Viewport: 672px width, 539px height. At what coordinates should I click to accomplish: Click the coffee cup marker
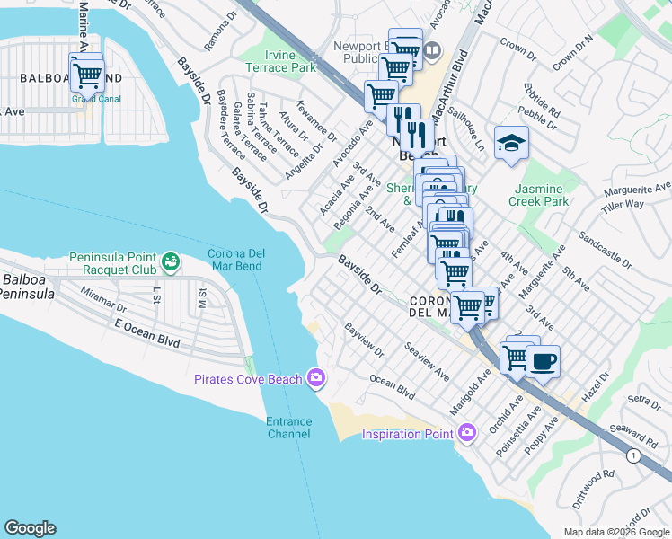[x=543, y=361]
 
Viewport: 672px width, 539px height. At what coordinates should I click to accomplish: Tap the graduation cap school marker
[x=511, y=144]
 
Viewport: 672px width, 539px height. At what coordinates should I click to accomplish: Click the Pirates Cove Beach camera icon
[x=314, y=378]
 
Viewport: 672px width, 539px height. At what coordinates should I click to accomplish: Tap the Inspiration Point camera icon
[x=465, y=434]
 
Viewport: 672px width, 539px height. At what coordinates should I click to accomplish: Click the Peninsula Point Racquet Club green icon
[x=171, y=263]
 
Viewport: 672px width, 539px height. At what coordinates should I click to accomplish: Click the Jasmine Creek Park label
[x=540, y=195]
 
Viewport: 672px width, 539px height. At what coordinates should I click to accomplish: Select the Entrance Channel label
[x=288, y=428]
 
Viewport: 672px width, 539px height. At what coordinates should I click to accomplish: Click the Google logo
[x=30, y=528]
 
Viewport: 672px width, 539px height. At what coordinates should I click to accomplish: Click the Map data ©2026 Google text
[x=615, y=532]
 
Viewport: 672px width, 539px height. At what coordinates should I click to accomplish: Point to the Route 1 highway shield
[x=635, y=456]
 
